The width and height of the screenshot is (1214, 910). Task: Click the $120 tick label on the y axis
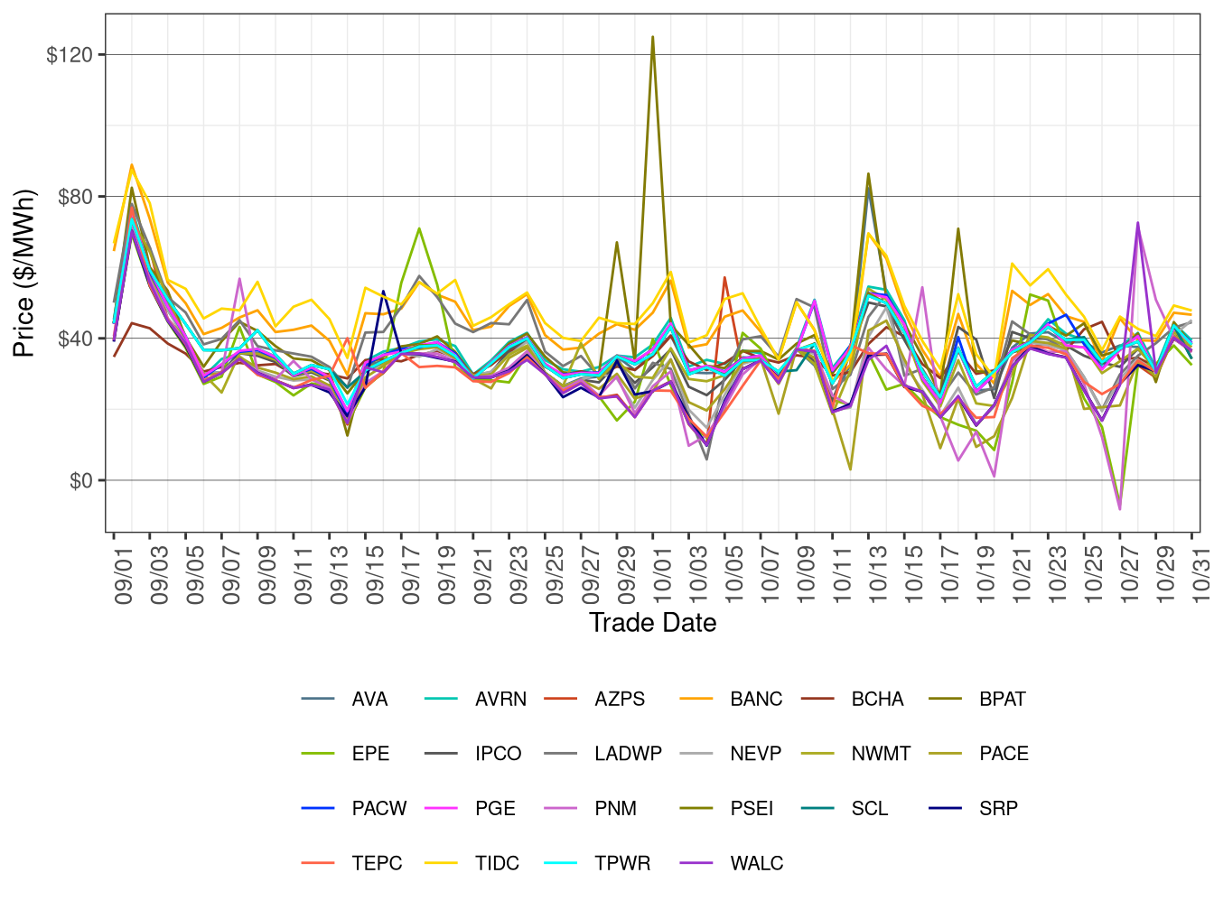click(x=70, y=55)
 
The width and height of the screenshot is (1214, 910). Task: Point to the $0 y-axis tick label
click(x=81, y=481)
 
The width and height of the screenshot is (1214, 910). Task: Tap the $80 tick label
click(x=75, y=197)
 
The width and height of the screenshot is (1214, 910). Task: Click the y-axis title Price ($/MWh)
click(x=23, y=274)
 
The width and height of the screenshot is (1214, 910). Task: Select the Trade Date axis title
click(x=652, y=623)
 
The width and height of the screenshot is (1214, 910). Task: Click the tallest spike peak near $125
click(x=652, y=37)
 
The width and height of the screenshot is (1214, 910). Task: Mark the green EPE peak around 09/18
click(x=419, y=228)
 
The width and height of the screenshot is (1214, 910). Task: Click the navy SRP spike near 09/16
click(x=383, y=292)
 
